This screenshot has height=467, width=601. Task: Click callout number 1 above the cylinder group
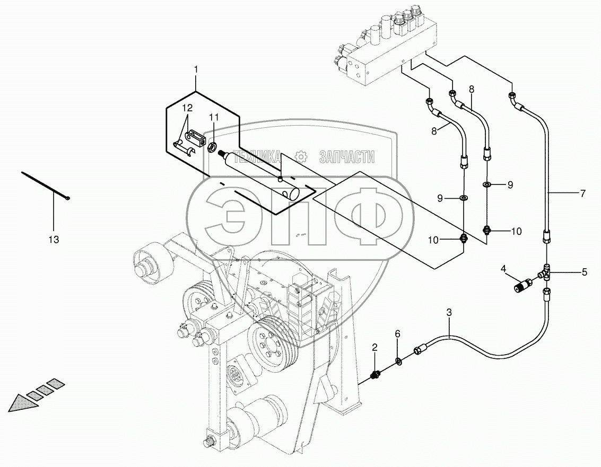pyautogui.click(x=196, y=69)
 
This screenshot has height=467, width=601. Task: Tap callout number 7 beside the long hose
pyautogui.click(x=582, y=193)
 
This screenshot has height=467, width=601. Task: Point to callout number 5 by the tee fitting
pyautogui.click(x=584, y=272)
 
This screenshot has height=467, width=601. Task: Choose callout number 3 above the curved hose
pyautogui.click(x=449, y=313)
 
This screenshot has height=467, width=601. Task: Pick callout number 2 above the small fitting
pyautogui.click(x=374, y=348)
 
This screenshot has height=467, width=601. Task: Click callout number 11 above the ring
pyautogui.click(x=213, y=117)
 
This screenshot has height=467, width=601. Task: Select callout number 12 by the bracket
pyautogui.click(x=187, y=108)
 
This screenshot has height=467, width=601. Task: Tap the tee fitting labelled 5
pyautogui.click(x=547, y=273)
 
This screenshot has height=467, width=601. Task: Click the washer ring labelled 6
pyautogui.click(x=398, y=362)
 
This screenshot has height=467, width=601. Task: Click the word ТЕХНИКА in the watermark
pyautogui.click(x=257, y=156)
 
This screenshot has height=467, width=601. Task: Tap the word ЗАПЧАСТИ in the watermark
pyautogui.click(x=347, y=156)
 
